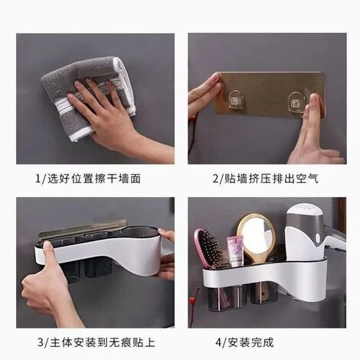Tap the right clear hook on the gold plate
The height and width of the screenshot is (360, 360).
pyautogui.click(x=296, y=103)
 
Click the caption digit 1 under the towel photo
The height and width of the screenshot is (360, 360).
pyautogui.click(x=38, y=178)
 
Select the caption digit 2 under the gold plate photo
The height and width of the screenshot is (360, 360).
pyautogui.click(x=216, y=178)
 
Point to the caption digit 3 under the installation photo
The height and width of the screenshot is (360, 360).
pyautogui.click(x=41, y=342)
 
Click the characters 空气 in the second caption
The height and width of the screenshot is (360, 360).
pyautogui.click(x=308, y=178)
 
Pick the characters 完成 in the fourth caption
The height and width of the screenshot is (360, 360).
pyautogui.click(x=263, y=342)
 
